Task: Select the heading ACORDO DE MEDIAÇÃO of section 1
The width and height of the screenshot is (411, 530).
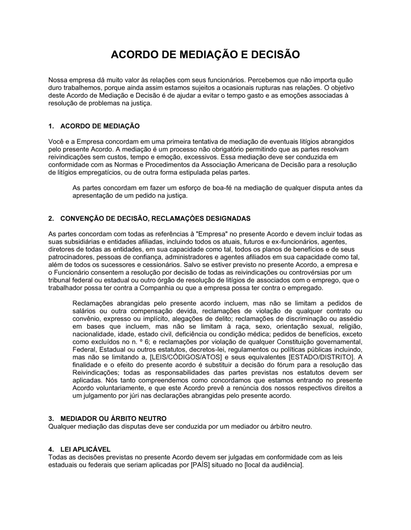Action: pyautogui.click(x=100, y=126)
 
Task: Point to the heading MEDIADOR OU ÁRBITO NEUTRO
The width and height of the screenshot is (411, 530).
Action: pyautogui.click(x=113, y=419)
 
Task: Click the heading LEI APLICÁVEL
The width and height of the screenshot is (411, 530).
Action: pyautogui.click(x=85, y=449)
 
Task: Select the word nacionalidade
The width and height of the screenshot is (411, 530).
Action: pyautogui.click(x=92, y=334)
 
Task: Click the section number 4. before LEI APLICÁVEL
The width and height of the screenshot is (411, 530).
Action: pyautogui.click(x=51, y=449)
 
